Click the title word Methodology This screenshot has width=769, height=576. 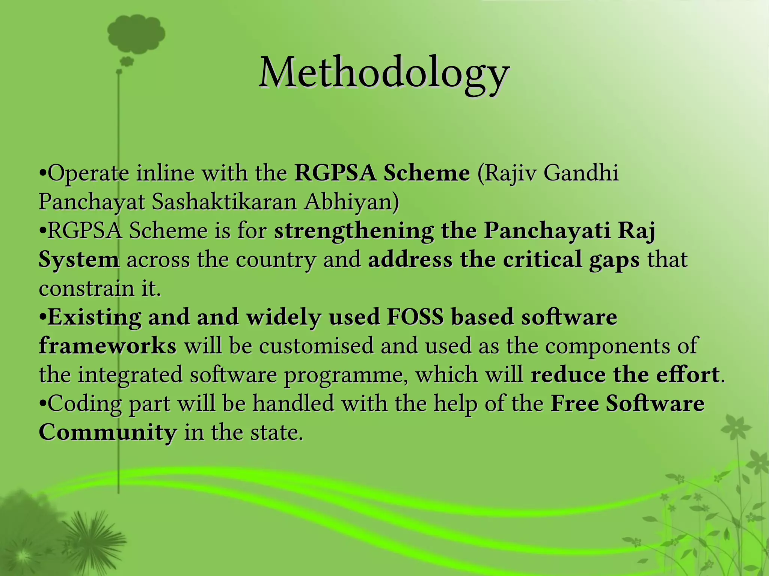[384, 73]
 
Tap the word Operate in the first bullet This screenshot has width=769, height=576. [89, 173]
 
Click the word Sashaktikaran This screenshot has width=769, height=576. [224, 202]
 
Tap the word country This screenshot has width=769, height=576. [276, 260]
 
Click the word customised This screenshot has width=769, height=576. [316, 346]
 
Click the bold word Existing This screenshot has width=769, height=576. [95, 317]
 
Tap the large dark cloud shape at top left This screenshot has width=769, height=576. [136, 34]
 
